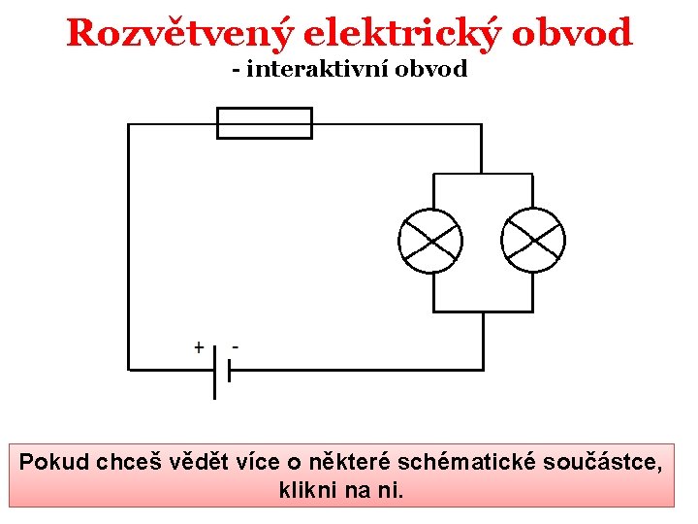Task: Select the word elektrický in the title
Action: point(400,34)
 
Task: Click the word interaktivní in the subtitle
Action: point(330,70)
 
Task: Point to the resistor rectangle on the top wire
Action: point(264,123)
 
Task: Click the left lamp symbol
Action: point(430,241)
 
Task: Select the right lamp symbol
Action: point(532,241)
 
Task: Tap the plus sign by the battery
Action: point(199,346)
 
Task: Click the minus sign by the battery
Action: point(237,345)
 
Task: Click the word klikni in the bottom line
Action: point(305,490)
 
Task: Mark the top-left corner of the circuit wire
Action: point(129,124)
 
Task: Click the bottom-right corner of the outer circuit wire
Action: point(482,369)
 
